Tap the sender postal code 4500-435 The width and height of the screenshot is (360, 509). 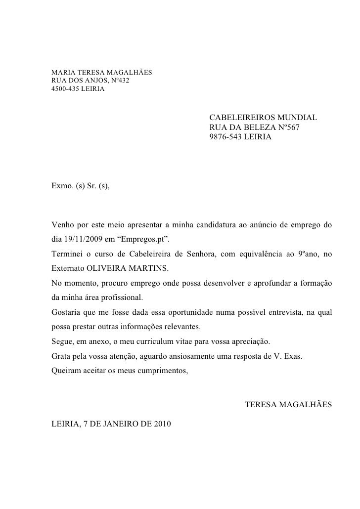[x=64, y=89]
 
